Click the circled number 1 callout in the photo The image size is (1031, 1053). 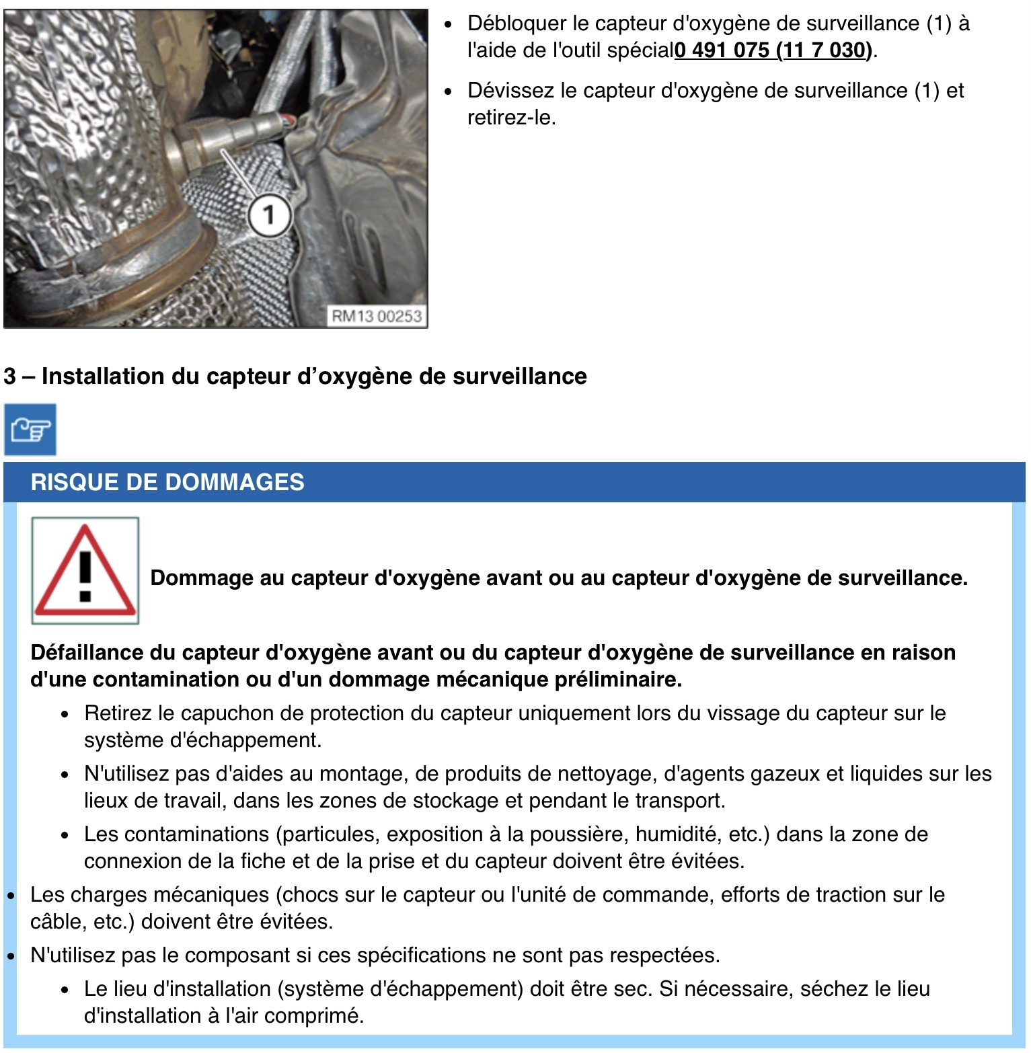[x=269, y=215]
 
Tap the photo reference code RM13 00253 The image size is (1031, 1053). [x=377, y=316]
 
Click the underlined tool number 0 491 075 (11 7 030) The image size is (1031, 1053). [x=773, y=50]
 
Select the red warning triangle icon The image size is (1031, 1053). [x=85, y=570]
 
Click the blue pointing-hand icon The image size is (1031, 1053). [x=30, y=430]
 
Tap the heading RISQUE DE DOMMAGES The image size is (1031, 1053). [x=167, y=482]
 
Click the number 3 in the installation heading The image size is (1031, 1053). [x=9, y=376]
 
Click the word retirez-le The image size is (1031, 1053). [x=511, y=118]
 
